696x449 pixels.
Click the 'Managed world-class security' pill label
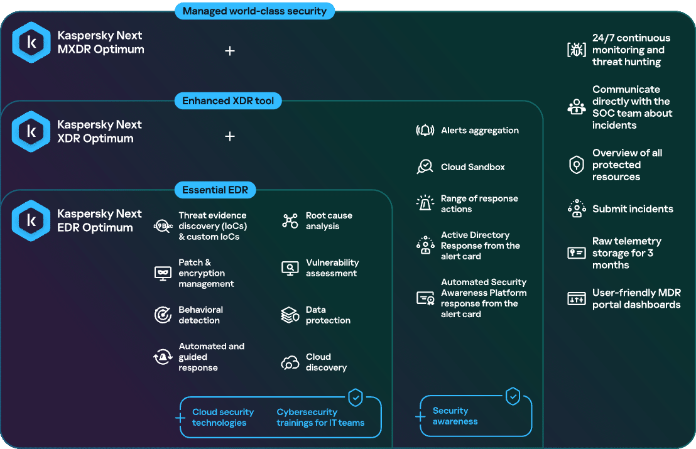pyautogui.click(x=255, y=11)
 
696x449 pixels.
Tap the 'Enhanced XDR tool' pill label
pyautogui.click(x=228, y=100)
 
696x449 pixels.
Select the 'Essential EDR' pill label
pyautogui.click(x=215, y=190)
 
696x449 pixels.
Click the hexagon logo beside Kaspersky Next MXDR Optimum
pyautogui.click(x=31, y=42)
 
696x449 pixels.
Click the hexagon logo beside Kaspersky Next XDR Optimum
pyautogui.click(x=31, y=131)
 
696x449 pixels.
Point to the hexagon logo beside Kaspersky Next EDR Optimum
pyautogui.click(x=31, y=220)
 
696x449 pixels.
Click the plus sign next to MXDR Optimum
pyautogui.click(x=230, y=51)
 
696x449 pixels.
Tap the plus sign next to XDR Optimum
pyautogui.click(x=230, y=136)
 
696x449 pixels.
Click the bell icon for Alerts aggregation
pyautogui.click(x=425, y=131)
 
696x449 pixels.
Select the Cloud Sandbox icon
pyautogui.click(x=425, y=167)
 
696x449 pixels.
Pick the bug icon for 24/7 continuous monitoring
pyautogui.click(x=577, y=49)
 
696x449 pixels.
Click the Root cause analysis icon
pyautogui.click(x=290, y=220)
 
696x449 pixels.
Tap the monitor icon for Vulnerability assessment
pyautogui.click(x=290, y=268)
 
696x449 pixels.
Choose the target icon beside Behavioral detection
pyautogui.click(x=163, y=315)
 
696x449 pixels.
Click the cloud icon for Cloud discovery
pyautogui.click(x=290, y=362)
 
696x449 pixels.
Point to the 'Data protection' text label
pyautogui.click(x=328, y=315)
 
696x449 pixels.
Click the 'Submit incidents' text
pyautogui.click(x=633, y=209)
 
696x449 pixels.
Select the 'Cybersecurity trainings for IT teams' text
pyautogui.click(x=320, y=418)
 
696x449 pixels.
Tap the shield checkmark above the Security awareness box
pyautogui.click(x=513, y=396)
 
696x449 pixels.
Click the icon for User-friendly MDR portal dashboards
pyautogui.click(x=577, y=298)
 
